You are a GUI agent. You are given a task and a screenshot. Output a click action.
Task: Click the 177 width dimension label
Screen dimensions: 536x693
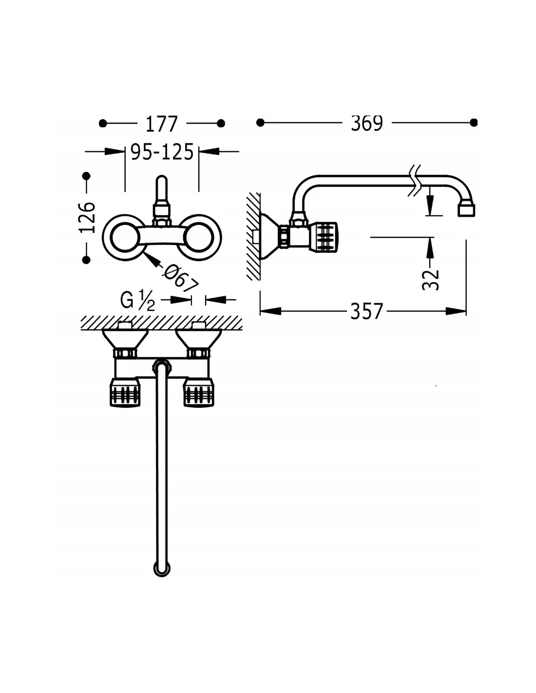point(161,124)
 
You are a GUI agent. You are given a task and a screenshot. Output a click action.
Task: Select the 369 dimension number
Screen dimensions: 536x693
point(367,123)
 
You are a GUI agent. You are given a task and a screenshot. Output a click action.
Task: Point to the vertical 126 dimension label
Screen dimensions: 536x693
point(87,217)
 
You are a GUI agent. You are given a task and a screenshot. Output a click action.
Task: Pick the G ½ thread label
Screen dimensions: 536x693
point(137,301)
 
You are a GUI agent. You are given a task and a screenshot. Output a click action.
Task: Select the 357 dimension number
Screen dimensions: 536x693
point(366,311)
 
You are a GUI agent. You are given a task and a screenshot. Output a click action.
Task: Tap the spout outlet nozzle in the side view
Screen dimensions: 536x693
point(466,210)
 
